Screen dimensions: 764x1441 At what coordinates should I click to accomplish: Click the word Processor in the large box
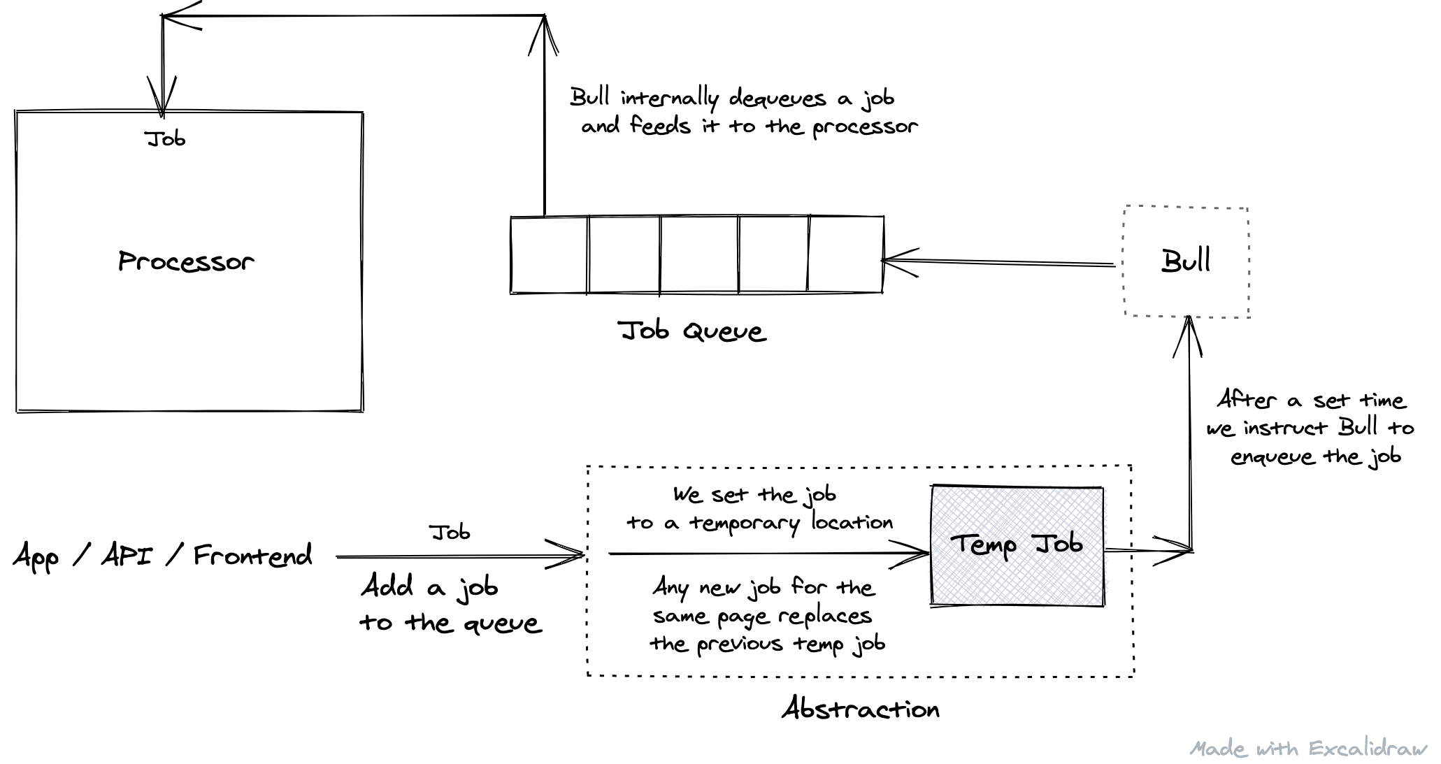point(186,261)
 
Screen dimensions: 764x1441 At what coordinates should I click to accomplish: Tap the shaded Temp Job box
point(1017,545)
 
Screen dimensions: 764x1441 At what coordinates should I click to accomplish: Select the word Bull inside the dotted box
point(1186,261)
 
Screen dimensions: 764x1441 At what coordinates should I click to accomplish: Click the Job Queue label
point(692,331)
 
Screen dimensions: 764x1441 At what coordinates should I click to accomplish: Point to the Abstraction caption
point(861,709)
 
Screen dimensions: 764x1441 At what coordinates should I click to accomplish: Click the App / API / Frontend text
point(162,556)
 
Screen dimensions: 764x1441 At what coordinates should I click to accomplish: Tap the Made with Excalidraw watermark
point(1308,749)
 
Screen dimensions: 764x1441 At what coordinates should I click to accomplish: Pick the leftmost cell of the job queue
point(550,254)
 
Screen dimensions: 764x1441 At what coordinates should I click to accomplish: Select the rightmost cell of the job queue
point(845,254)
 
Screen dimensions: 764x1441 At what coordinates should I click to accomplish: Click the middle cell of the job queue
point(698,254)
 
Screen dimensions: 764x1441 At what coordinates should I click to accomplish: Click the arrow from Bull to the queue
point(1000,262)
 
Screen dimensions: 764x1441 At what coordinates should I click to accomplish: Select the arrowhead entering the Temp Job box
point(919,553)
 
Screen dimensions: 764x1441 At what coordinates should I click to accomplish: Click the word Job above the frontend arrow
point(450,533)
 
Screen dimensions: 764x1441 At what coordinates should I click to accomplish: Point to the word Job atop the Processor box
point(166,138)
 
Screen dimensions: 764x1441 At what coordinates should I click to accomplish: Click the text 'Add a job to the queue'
point(450,604)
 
